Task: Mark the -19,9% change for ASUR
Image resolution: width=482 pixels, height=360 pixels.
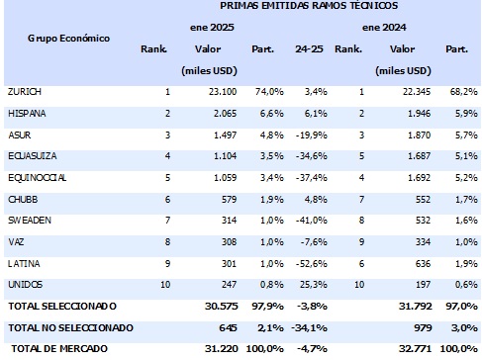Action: [x=309, y=135]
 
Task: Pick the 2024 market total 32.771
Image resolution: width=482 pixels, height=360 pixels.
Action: [x=416, y=349]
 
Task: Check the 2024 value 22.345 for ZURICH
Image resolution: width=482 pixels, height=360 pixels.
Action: [x=416, y=92]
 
